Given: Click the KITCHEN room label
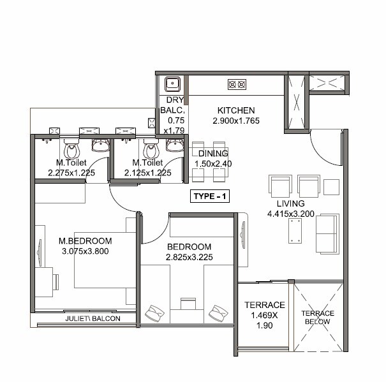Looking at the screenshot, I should click(235, 110).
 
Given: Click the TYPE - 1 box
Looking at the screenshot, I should click(210, 196).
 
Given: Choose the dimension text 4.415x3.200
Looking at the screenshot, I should click(290, 214).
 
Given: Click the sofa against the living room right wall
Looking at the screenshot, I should click(329, 232).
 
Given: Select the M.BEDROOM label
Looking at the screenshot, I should click(85, 241).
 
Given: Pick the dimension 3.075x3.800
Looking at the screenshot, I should click(85, 251).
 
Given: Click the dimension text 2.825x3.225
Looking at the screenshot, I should click(189, 258).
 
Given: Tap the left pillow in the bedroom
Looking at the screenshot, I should click(155, 314).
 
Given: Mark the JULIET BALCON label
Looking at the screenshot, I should click(92, 318).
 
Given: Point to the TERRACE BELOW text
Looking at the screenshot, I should click(317, 318).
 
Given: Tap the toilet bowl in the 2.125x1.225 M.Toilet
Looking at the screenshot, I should click(151, 151).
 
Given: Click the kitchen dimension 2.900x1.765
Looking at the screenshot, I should click(235, 121).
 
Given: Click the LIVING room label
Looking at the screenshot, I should click(290, 203).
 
